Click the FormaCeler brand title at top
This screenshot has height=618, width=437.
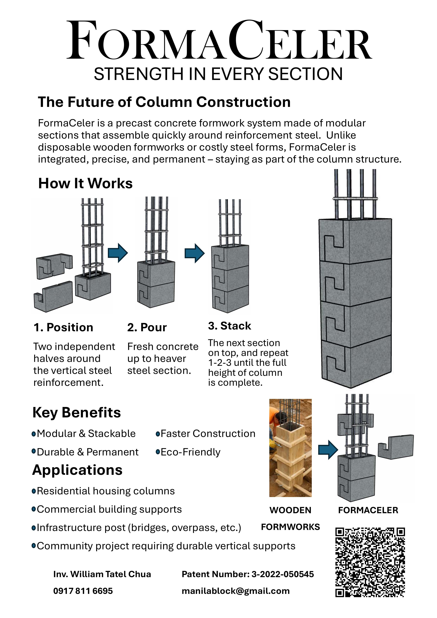[219, 40]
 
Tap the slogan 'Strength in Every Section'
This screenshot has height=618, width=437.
[218, 74]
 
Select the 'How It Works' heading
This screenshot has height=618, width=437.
[85, 184]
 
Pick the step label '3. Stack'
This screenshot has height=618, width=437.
[229, 326]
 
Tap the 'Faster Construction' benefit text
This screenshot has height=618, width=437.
[208, 434]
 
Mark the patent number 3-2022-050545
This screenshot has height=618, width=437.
[283, 574]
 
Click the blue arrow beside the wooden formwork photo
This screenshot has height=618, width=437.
[328, 449]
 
